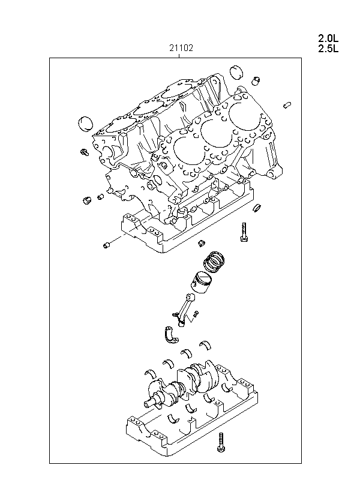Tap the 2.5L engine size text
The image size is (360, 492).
(x=328, y=49)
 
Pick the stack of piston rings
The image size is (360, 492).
(x=214, y=260)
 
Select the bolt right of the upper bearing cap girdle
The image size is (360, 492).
(x=244, y=232)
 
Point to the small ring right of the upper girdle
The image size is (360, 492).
(x=257, y=208)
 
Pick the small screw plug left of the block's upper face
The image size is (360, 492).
(x=85, y=152)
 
